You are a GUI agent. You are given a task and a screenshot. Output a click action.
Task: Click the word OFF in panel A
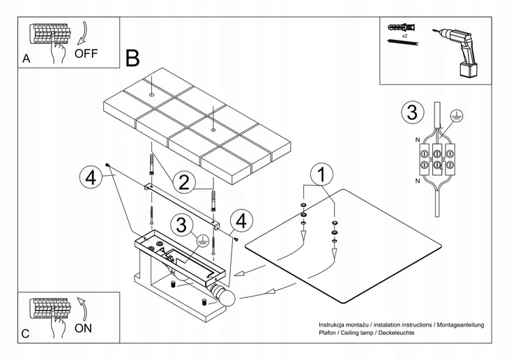click(x=88, y=52)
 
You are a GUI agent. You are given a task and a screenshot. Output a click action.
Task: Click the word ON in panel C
click(x=83, y=327)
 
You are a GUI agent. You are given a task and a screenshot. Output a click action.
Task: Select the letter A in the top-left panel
click(x=26, y=59)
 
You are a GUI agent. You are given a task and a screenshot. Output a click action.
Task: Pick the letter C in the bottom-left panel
click(x=26, y=334)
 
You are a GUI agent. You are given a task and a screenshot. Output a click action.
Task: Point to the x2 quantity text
click(x=404, y=35)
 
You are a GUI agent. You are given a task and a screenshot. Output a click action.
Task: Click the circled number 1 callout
click(x=319, y=174)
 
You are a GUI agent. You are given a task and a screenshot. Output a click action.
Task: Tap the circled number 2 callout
click(x=183, y=183)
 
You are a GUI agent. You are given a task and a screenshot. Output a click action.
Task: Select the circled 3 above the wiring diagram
click(x=413, y=112)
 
